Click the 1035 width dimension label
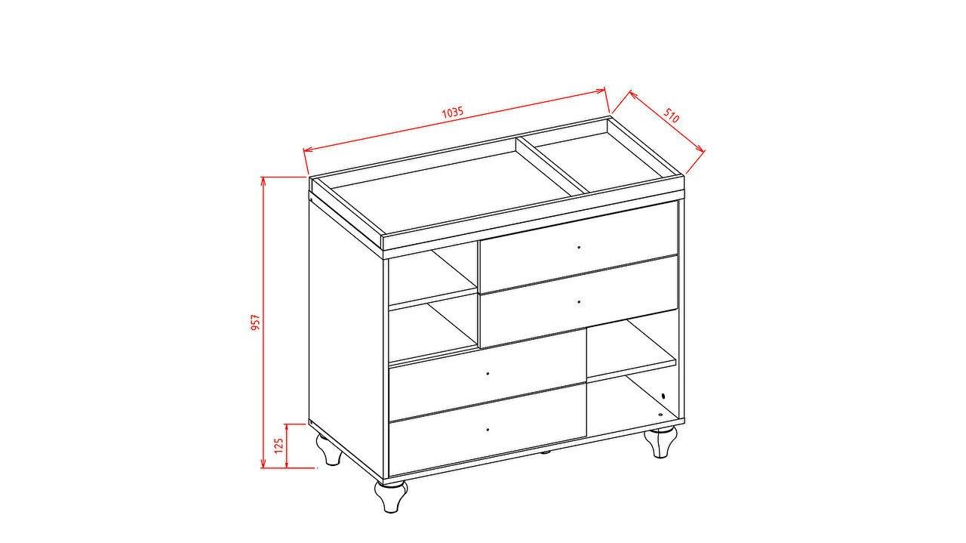coord(452,113)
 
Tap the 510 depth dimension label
coord(671,116)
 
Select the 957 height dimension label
coord(255,322)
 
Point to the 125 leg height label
coord(278,445)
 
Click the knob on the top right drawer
coord(579,247)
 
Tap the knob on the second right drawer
coord(579,302)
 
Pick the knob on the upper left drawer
coord(488,373)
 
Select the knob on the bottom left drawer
coord(488,430)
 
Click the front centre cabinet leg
coord(391,496)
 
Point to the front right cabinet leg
coord(660,442)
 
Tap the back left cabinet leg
coord(330,449)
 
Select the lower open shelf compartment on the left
coord(432,330)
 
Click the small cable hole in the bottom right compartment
coord(663,396)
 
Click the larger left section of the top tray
coord(452,191)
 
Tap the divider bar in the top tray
coord(552,165)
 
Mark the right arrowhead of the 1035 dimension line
coord(601,91)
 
